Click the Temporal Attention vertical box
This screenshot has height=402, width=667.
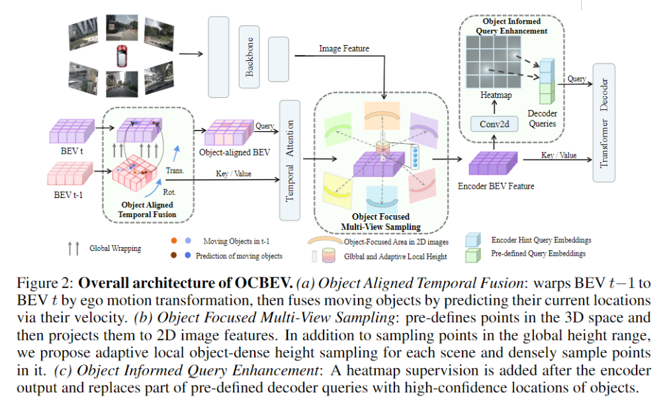point(289,160)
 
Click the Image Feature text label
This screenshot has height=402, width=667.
point(343,48)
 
